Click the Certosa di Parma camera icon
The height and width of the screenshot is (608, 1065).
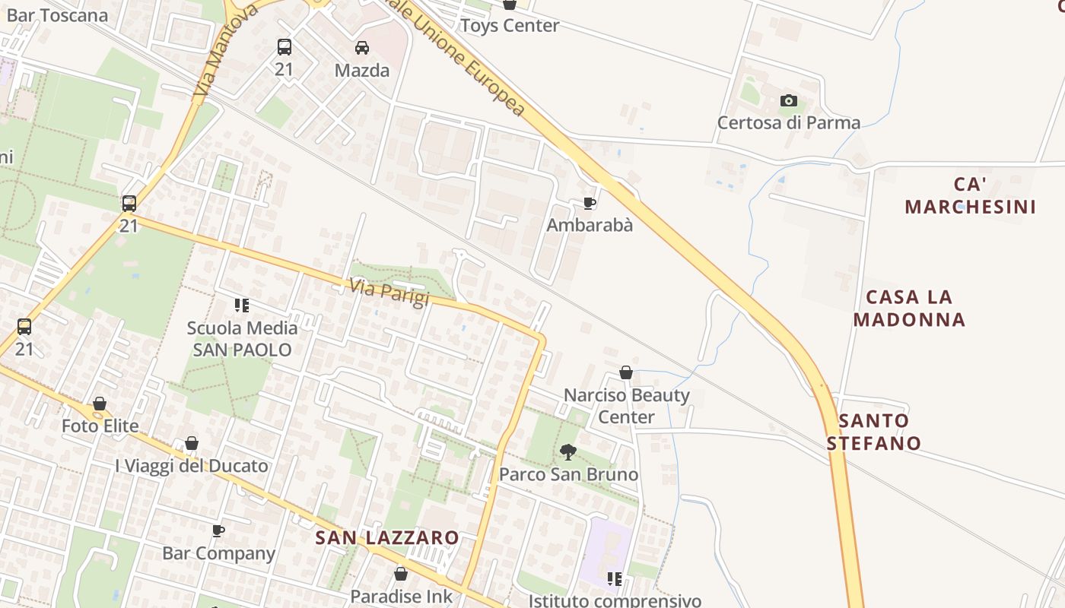point(789,100)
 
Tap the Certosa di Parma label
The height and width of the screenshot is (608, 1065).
point(789,122)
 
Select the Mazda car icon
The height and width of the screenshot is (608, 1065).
point(362,48)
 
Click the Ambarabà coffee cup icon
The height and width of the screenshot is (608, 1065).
point(589,203)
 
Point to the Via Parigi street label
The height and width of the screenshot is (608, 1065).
point(389,293)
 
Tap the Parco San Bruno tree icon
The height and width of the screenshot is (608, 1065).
point(567,452)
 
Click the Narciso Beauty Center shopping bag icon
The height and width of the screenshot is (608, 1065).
point(626,372)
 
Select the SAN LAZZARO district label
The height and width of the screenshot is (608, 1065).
point(387,538)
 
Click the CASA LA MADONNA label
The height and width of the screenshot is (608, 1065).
point(909,308)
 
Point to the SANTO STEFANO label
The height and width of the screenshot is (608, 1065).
point(874,432)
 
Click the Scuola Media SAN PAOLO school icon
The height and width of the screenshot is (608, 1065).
point(242,306)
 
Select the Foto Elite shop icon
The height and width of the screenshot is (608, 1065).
point(100,404)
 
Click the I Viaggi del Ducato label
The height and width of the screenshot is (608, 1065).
point(192,466)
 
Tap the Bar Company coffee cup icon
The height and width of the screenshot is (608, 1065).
point(218,530)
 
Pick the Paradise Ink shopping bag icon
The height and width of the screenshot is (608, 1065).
point(401,574)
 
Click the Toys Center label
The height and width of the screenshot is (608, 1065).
point(510,25)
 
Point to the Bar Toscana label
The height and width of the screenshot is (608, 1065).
point(57,15)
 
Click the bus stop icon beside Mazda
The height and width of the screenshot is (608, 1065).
point(285,47)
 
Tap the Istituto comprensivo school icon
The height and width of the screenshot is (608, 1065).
point(615,579)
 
